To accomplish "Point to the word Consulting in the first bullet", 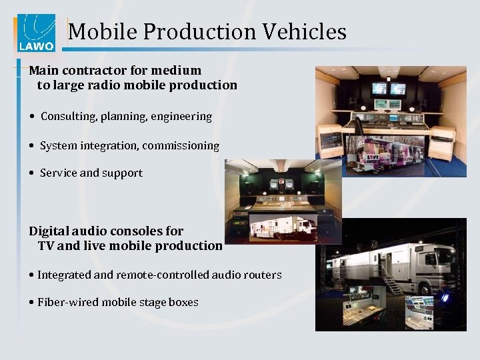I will [68, 117].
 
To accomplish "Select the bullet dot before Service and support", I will [32, 173].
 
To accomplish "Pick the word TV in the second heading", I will [46, 245].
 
